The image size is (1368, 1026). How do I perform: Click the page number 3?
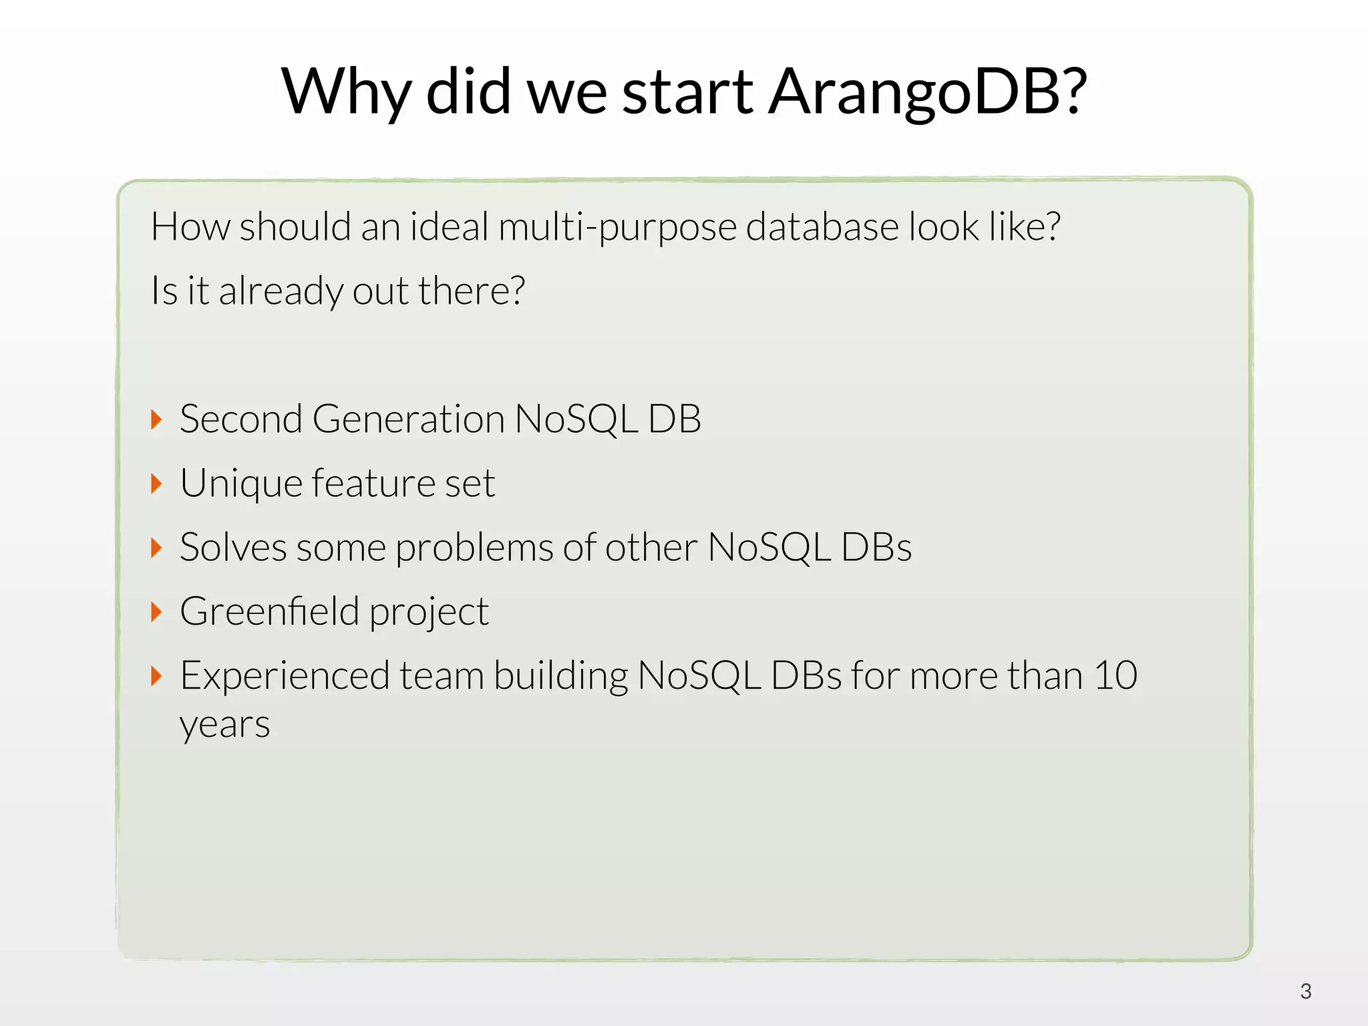click(x=1306, y=991)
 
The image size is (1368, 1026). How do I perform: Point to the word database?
click(x=822, y=227)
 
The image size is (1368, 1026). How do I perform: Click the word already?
click(x=281, y=292)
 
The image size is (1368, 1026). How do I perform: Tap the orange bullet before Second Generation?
click(x=156, y=419)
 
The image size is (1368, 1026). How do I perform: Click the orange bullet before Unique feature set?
click(x=156, y=484)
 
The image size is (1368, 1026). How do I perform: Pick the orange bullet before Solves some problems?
click(x=156, y=548)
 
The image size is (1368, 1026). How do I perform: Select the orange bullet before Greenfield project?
click(x=156, y=612)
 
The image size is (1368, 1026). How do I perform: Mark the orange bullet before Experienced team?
click(x=156, y=676)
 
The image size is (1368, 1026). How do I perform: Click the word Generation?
click(x=408, y=419)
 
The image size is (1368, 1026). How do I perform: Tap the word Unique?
click(x=241, y=484)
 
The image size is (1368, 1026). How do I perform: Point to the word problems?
click(x=474, y=548)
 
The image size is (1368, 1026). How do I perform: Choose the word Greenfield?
click(x=270, y=612)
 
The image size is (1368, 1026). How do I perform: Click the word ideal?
click(x=450, y=227)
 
